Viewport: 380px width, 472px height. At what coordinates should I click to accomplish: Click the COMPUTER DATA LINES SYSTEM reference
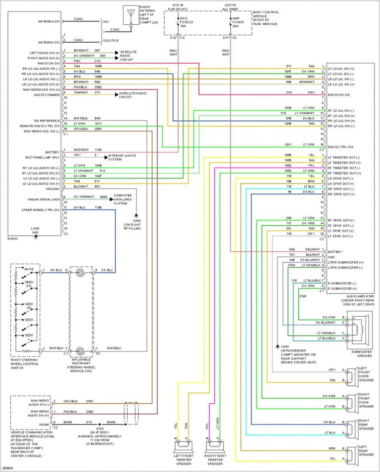coord(123,199)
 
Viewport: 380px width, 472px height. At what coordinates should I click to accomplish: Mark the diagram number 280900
coord(8,468)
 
